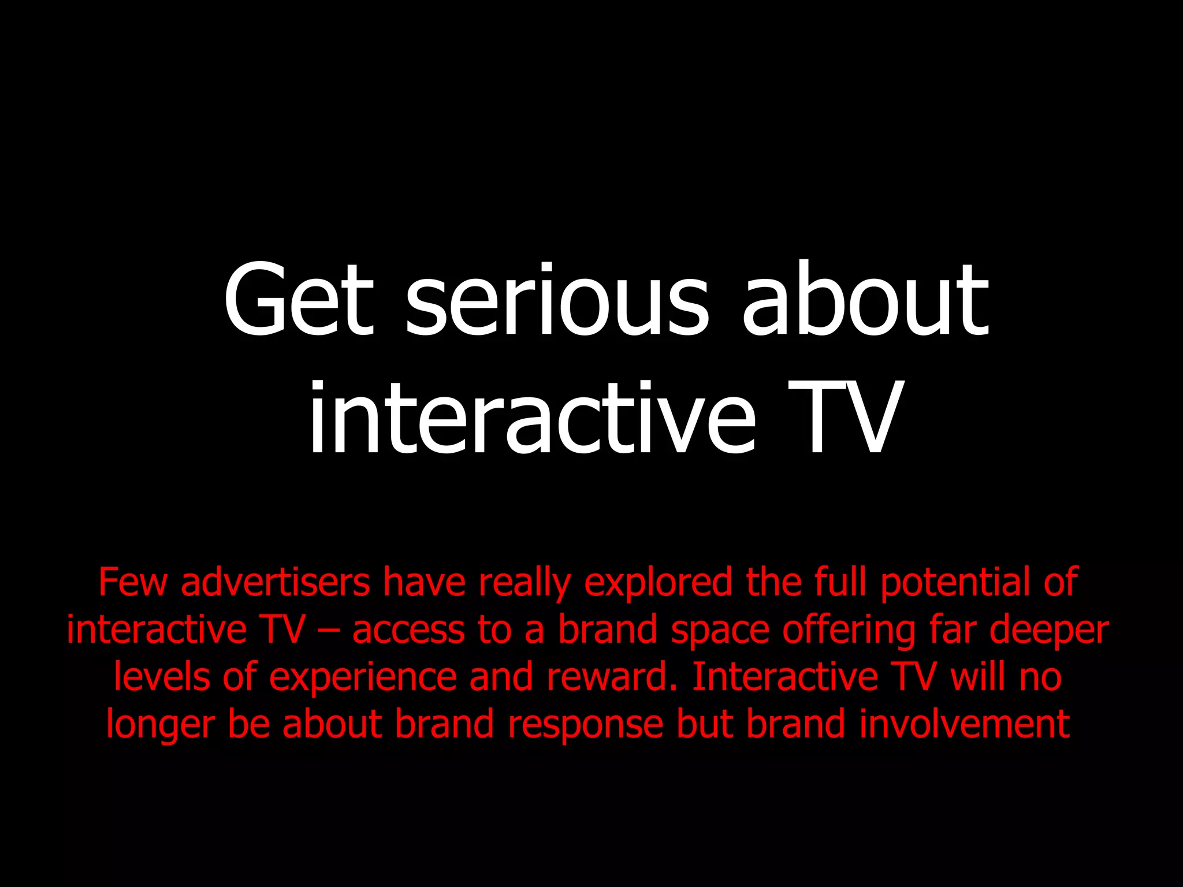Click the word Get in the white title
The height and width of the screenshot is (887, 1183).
pos(299,300)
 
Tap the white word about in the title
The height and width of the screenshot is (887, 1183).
pos(865,300)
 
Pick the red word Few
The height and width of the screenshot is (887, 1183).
pos(132,582)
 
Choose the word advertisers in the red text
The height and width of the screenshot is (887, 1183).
pos(276,582)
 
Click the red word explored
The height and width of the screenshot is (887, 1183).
pos(659,582)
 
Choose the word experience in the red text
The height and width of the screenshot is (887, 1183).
pos(363,677)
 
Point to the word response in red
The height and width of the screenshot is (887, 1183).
pos(585,725)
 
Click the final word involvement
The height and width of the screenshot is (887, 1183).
pos(965,725)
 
